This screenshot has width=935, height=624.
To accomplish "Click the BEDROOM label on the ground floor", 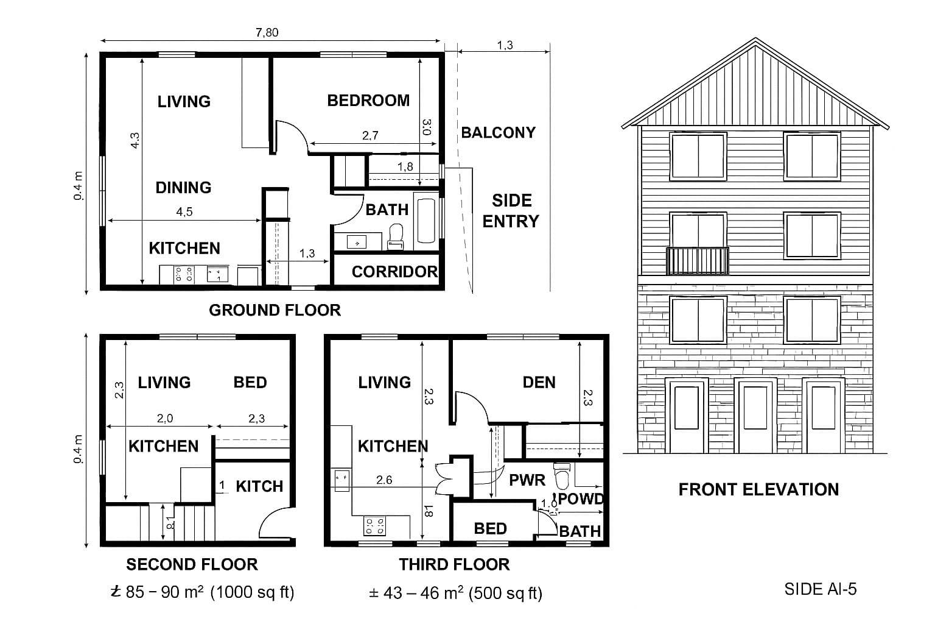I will pyautogui.click(x=368, y=101).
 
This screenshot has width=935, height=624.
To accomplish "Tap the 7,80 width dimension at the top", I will pyautogui.click(x=267, y=33).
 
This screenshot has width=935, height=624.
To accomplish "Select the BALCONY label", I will pyautogui.click(x=498, y=133).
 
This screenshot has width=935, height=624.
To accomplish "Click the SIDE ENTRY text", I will pyautogui.click(x=511, y=211).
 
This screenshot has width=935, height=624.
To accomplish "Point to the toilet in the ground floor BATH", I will pyautogui.click(x=396, y=236).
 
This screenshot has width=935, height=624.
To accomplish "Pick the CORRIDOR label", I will pyautogui.click(x=394, y=272).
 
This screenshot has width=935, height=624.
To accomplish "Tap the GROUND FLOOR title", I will pyautogui.click(x=275, y=310).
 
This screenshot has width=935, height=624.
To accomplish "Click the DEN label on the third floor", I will pyautogui.click(x=539, y=383).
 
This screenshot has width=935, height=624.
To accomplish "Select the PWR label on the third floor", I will pyautogui.click(x=527, y=480).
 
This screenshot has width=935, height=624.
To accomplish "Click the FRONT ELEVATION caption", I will pyautogui.click(x=758, y=490).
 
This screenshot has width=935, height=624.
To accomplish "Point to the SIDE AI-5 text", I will pyautogui.click(x=820, y=589).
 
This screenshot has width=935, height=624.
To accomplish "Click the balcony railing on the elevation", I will pyautogui.click(x=698, y=261).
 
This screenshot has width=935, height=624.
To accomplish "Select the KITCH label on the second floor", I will pyautogui.click(x=259, y=486).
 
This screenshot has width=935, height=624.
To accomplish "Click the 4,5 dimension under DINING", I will pyautogui.click(x=184, y=212).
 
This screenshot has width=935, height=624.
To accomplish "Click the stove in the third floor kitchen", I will pyautogui.click(x=373, y=525).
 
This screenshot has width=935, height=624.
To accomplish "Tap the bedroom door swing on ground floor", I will pyautogui.click(x=291, y=135).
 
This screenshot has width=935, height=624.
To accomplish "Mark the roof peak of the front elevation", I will pyautogui.click(x=755, y=40).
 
